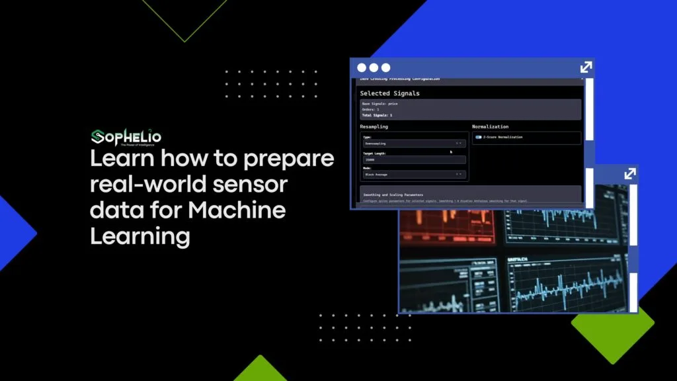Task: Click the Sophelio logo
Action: click(126, 137)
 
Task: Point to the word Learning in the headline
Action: click(139, 235)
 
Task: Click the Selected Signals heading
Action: click(389, 93)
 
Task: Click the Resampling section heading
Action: click(374, 126)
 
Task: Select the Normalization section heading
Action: click(490, 126)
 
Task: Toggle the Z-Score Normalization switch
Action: click(478, 138)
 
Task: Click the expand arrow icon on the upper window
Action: click(586, 67)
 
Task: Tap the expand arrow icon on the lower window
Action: click(629, 173)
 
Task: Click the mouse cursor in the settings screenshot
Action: click(452, 152)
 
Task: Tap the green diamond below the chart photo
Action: click(612, 327)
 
